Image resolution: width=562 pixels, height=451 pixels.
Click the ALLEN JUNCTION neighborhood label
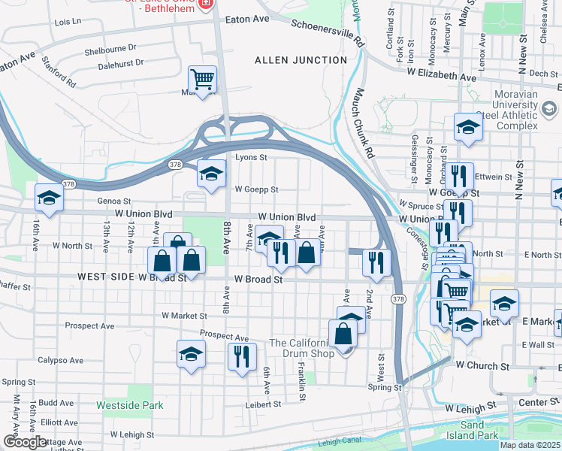pos(301,59)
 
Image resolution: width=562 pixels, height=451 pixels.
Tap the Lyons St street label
pos(251,157)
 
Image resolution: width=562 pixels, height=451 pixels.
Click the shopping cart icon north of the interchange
pos(202,79)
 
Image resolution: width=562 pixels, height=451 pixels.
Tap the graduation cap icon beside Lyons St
pos(212,174)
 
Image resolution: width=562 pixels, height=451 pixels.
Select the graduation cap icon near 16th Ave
pos(50,198)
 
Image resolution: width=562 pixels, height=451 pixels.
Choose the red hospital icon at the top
pos(206,4)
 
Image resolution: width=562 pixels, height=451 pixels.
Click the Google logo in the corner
pos(25,442)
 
